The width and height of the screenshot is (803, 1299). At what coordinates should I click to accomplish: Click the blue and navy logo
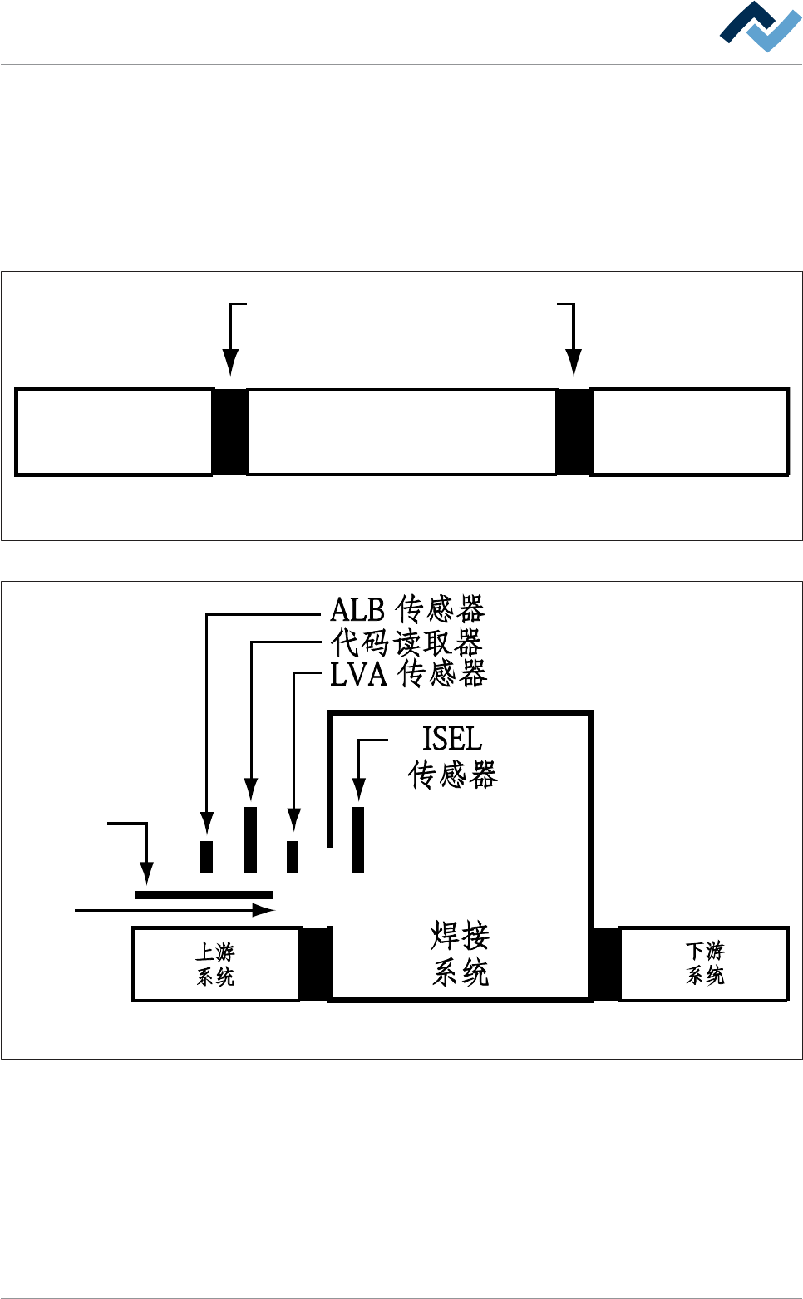tap(760, 27)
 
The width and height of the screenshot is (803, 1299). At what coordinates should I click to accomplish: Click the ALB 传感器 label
tap(406, 610)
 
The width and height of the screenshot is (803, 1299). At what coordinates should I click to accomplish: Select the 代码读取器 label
tap(406, 642)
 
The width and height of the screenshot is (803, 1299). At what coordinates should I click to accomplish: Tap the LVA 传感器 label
tap(407, 674)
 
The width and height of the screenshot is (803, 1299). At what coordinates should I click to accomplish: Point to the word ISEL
tap(451, 739)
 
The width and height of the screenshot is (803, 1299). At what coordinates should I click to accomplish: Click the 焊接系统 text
tap(460, 954)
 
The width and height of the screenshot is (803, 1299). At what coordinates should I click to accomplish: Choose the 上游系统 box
tap(216, 964)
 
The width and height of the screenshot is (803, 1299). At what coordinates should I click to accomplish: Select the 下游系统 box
tap(704, 964)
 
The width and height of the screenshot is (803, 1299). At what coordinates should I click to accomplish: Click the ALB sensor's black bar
tap(207, 856)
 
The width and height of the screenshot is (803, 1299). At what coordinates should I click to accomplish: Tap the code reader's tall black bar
tap(250, 839)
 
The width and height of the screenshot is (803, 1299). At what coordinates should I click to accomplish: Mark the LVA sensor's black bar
tap(293, 856)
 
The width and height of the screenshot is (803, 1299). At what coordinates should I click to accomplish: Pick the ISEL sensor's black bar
tap(358, 839)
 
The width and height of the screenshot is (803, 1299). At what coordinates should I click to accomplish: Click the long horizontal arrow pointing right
tap(175, 911)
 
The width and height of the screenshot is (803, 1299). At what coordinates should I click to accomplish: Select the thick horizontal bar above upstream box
tap(204, 895)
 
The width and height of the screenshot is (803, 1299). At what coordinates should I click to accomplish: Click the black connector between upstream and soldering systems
tap(315, 964)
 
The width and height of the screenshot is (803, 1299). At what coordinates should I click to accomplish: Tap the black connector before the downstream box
tap(605, 964)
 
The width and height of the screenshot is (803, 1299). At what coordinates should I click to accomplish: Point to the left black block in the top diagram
tap(230, 432)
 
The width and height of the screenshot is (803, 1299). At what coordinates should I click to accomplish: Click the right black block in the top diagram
tap(573, 432)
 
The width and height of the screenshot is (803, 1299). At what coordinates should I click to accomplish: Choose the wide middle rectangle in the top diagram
tap(401, 432)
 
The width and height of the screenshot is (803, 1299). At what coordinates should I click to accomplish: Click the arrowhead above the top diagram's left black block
tap(231, 363)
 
